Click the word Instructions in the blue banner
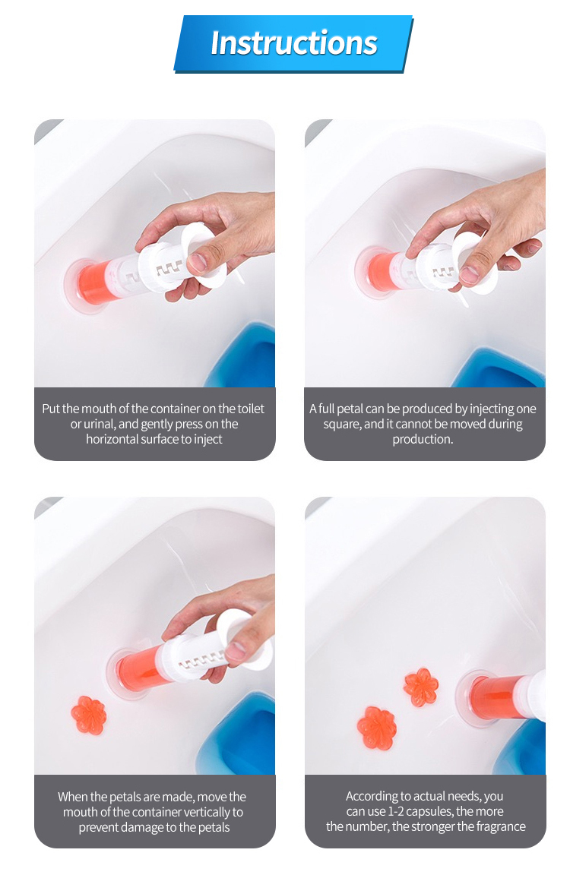293,43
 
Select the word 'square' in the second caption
341,424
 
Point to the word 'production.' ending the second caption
423,439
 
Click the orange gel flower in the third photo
89,715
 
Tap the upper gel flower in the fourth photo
421,687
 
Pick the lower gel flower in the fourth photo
378,728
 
